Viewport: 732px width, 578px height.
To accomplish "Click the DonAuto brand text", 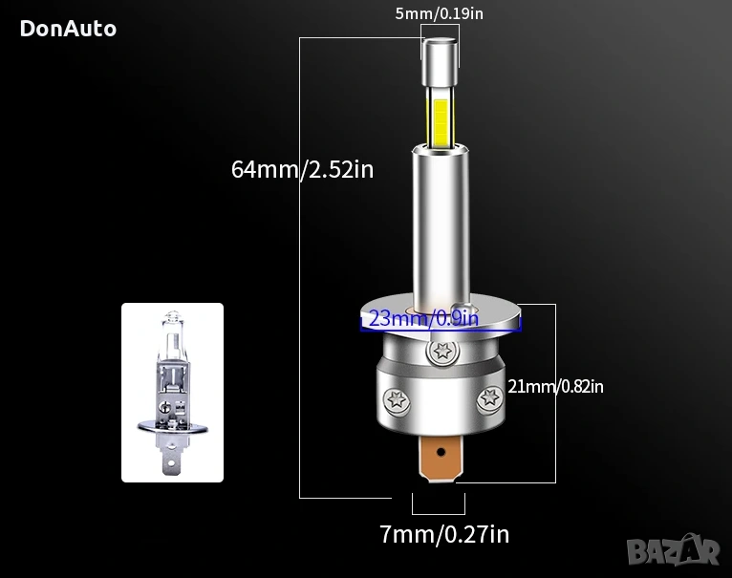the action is tap(68, 29).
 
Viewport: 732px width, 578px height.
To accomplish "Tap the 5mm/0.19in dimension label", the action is tap(439, 13).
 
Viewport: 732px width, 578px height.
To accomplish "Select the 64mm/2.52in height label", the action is tap(303, 169).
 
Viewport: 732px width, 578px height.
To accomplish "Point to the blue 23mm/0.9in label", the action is tap(423, 319).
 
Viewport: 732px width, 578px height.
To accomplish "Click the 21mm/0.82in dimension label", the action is tap(555, 387).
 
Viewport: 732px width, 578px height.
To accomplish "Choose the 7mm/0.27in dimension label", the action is tap(444, 534).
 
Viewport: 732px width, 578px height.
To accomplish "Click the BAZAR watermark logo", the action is tap(673, 550).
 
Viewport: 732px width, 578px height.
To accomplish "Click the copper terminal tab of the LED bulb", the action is tap(441, 458).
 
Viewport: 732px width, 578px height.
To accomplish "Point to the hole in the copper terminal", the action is tap(441, 452).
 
